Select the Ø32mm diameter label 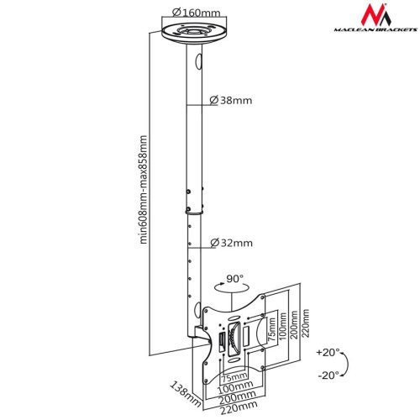pos(231,244)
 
